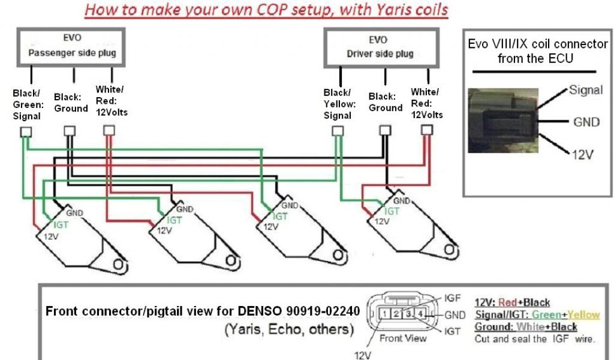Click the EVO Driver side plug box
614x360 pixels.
[x=379, y=47]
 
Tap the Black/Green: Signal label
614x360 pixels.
[x=27, y=105]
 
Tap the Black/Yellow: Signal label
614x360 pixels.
[x=338, y=104]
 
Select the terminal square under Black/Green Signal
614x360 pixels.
[x=26, y=132]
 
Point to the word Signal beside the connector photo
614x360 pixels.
[x=586, y=90]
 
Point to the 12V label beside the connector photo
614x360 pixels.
[x=582, y=154]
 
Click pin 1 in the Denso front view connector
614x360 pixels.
[x=384, y=313]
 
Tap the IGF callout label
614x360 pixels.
[x=453, y=298]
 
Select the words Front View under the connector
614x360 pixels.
[x=403, y=338]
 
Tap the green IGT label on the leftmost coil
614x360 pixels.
[x=61, y=224]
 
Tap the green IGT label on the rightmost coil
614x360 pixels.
[x=392, y=211]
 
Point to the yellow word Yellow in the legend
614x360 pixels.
[x=584, y=315]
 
